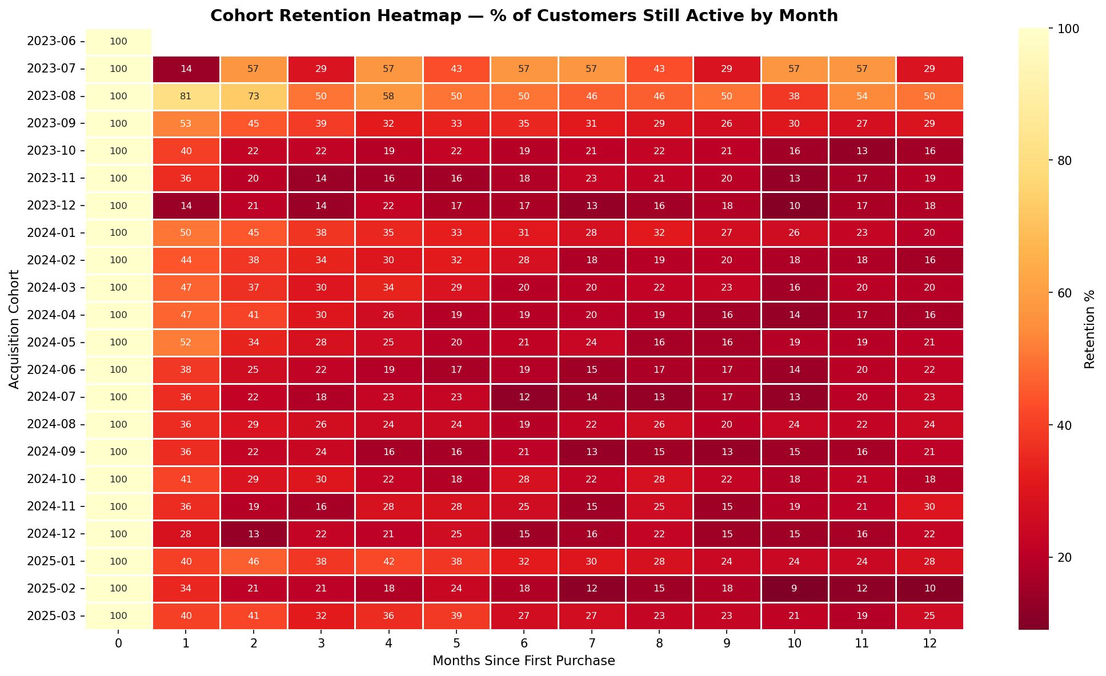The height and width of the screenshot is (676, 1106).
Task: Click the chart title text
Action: [524, 16]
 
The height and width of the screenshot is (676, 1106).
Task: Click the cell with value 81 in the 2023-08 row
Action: [186, 96]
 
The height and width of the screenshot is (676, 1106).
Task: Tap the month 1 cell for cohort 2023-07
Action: [186, 69]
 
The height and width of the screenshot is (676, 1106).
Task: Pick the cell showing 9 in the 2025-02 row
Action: [794, 589]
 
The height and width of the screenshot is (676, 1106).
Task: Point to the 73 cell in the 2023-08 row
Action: [254, 96]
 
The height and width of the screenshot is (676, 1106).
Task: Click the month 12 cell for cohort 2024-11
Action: [929, 506]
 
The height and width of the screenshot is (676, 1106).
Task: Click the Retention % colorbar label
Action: [1089, 329]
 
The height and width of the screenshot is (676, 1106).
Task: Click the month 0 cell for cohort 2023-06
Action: [118, 42]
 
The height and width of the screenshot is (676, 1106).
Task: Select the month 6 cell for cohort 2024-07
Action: [524, 397]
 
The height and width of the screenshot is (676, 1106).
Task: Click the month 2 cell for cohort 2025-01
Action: [254, 561]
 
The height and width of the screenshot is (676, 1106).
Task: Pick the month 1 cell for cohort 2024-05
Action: [186, 343]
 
